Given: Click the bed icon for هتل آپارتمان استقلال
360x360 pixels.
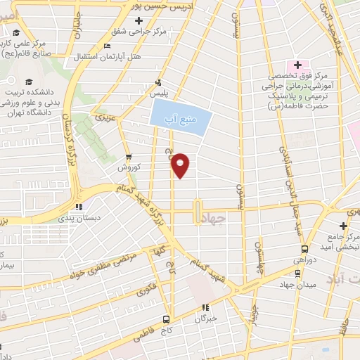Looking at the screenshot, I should pos(106,46).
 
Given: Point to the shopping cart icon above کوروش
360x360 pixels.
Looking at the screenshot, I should pos(127,157).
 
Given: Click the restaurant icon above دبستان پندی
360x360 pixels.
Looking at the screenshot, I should pos(79,207).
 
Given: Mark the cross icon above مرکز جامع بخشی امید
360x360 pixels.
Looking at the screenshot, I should pos(343,225).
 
